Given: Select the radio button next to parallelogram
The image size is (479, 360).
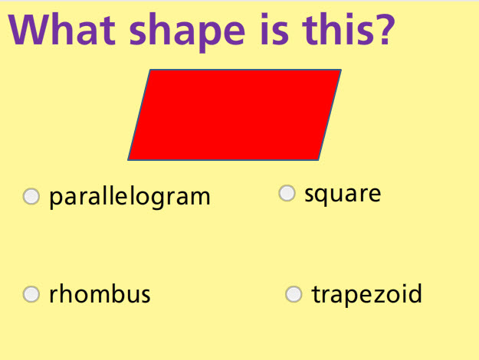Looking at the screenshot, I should [31, 197].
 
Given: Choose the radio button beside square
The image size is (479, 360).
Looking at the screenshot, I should [287, 193].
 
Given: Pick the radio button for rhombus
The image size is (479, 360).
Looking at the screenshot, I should [31, 294].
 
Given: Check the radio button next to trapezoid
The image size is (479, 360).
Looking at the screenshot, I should [294, 294].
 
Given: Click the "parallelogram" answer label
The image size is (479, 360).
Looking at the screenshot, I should [130, 197].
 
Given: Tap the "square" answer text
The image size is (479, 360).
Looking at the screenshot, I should [343, 194].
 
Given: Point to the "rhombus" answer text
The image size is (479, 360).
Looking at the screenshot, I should [100, 294].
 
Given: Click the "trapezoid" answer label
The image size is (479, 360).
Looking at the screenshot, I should [366, 294].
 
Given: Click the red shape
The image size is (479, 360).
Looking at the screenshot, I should [235, 115].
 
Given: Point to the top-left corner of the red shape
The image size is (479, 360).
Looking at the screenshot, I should [151, 70].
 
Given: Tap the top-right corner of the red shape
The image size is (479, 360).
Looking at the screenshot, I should [340, 70].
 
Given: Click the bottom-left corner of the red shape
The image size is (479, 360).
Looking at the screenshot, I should [129, 159].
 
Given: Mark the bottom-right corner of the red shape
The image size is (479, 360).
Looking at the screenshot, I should [318, 159].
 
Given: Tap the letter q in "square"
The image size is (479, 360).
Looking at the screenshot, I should [324, 195].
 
